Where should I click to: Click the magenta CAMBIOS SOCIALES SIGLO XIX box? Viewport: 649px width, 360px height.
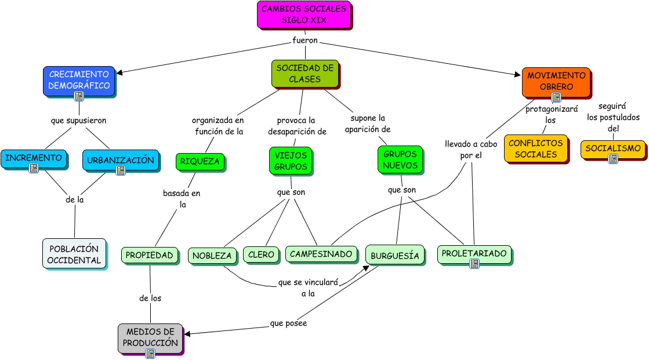click(x=304, y=14)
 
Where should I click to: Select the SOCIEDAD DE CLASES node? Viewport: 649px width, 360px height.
click(x=304, y=74)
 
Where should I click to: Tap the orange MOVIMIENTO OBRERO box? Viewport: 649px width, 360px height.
click(x=556, y=81)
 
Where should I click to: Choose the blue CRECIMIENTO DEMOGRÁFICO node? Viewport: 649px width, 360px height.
click(x=79, y=80)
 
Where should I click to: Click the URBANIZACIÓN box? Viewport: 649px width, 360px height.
click(x=121, y=160)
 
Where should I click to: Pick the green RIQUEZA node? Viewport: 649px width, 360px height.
click(x=200, y=161)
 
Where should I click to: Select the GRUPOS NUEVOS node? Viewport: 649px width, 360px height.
click(x=400, y=159)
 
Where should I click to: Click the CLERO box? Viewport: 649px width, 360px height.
click(x=261, y=254)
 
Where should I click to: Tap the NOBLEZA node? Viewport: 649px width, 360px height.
click(x=212, y=255)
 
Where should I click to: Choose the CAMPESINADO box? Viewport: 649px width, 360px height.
click(x=321, y=254)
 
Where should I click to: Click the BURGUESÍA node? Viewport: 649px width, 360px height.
click(x=394, y=256)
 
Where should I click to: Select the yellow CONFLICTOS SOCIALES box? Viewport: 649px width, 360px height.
click(x=535, y=148)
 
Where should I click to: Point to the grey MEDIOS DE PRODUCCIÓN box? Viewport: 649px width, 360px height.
click(x=150, y=338)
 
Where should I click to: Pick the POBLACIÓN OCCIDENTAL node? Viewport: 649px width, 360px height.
click(x=74, y=253)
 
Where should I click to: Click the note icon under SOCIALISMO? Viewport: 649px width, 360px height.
click(x=612, y=158)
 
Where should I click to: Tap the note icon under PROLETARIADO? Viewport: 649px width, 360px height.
click(x=474, y=264)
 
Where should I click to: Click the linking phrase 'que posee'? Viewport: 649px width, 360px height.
click(x=288, y=323)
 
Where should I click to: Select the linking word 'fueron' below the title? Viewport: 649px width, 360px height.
click(x=304, y=41)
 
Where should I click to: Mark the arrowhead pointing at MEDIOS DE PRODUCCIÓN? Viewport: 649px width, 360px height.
click(x=187, y=334)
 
